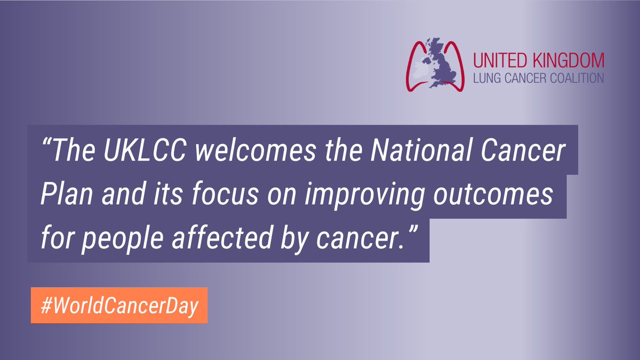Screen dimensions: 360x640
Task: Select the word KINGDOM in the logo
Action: [569, 59]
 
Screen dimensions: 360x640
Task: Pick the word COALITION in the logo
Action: [578, 77]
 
